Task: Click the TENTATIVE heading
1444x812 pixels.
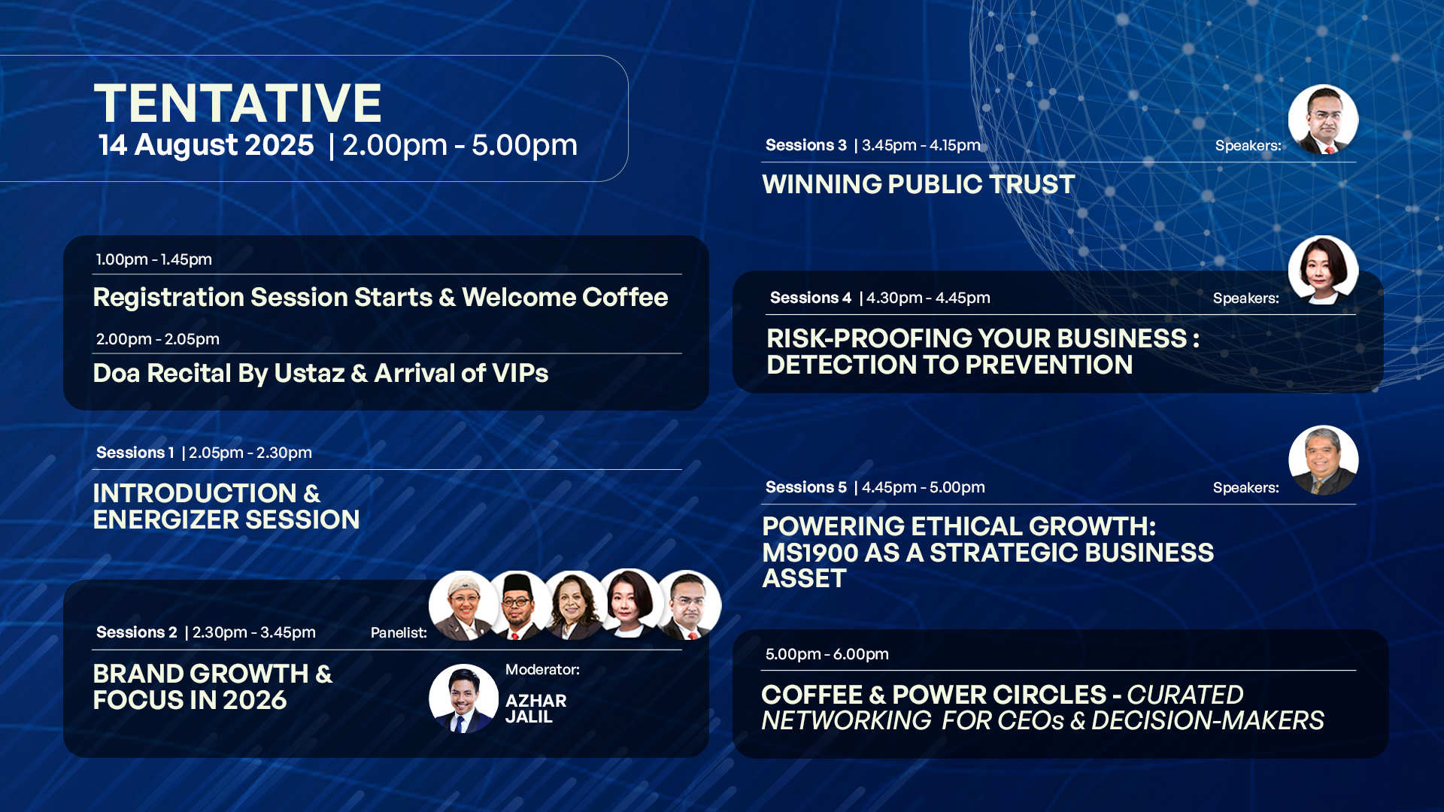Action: [238, 103]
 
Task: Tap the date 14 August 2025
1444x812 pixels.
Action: [206, 145]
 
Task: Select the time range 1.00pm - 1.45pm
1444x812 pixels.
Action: [154, 259]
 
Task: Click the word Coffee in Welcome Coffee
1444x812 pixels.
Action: [625, 297]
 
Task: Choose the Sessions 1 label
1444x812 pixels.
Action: [135, 453]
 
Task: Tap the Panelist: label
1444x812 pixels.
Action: [399, 633]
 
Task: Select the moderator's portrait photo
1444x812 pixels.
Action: [463, 698]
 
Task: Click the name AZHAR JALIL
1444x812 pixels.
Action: [535, 708]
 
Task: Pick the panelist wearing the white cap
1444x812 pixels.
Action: [463, 605]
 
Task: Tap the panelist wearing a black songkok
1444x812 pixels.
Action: [518, 605]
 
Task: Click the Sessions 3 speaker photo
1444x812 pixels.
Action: [1323, 120]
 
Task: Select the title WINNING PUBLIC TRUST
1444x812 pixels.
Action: [918, 184]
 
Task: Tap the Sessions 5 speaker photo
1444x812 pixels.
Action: [1323, 460]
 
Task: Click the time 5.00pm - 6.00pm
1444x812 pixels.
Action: [827, 654]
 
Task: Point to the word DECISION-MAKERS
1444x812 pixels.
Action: [1207, 720]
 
